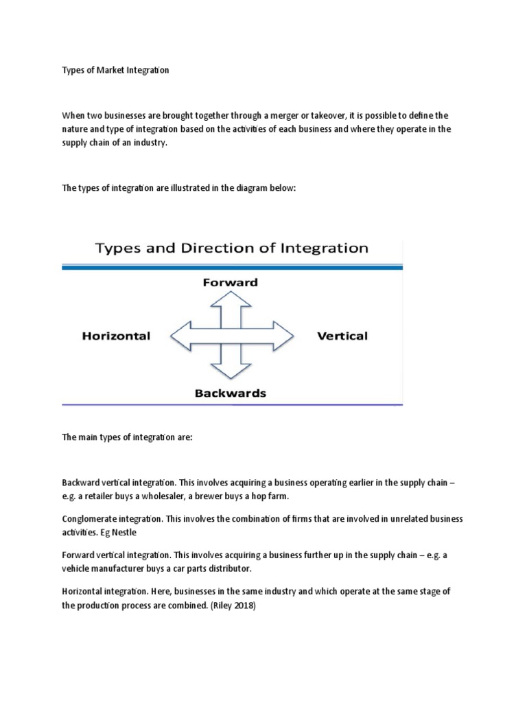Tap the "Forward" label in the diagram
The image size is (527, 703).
(x=230, y=281)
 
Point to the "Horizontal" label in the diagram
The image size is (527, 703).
(x=116, y=336)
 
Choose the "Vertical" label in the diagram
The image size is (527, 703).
(x=342, y=336)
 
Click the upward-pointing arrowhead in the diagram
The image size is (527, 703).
(x=231, y=298)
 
